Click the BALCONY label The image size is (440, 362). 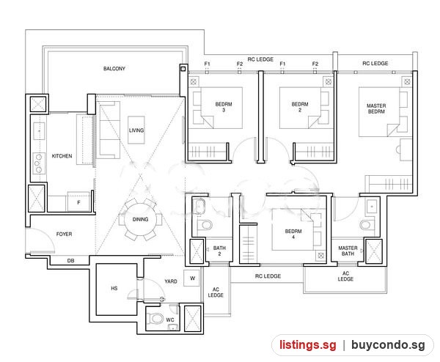point(114,69)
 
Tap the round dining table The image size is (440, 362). point(140,220)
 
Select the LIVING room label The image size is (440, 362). point(136,130)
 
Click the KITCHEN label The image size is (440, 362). point(62,156)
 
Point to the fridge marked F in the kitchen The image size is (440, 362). point(78,202)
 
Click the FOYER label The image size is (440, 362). point(64,234)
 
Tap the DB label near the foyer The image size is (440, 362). point(70,261)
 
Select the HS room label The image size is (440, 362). point(114,288)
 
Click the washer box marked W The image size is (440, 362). point(192,278)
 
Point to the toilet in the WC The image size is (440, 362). point(156,318)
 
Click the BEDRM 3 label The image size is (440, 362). point(224,107)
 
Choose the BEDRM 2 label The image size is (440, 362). point(300,107)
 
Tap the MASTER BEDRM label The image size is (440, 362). point(376,108)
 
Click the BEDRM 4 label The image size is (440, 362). point(293,234)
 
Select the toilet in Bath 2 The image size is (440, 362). point(205,225)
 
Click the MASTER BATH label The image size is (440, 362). point(348,251)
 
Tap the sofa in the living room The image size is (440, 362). point(110,130)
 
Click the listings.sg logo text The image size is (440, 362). point(307,344)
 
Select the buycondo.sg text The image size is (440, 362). point(388,345)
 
